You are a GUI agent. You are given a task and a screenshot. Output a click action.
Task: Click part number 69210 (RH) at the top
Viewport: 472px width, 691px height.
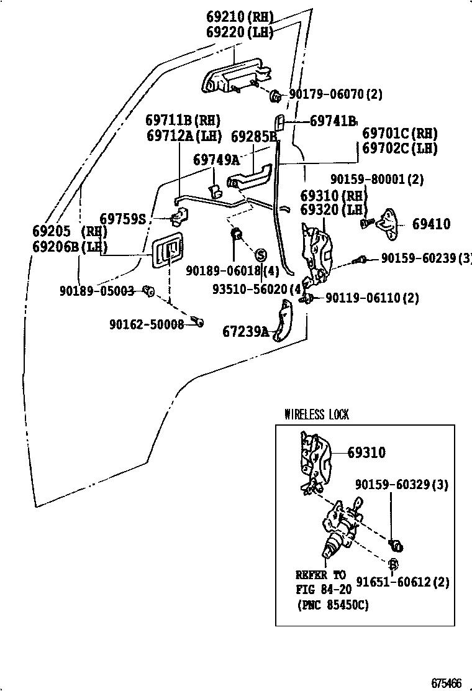(238, 17)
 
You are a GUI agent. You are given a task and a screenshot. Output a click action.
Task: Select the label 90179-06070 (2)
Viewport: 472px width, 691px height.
(335, 94)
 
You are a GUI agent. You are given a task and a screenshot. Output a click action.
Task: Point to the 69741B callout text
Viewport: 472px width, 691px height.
(333, 121)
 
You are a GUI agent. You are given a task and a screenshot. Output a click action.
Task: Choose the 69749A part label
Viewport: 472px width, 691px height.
(216, 160)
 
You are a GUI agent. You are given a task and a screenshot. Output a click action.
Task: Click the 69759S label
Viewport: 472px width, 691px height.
(122, 219)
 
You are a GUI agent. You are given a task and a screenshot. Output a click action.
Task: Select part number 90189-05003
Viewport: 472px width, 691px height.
(97, 290)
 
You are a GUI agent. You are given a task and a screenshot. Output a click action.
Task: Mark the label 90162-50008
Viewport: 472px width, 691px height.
(147, 324)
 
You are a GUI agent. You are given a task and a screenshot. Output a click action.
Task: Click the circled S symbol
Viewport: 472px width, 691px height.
(260, 255)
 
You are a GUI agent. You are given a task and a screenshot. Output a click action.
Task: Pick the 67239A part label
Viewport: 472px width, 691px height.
(246, 332)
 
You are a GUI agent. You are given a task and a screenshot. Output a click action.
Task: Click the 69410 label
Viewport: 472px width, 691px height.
(431, 224)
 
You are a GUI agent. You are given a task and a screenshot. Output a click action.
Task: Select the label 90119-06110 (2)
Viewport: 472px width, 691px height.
(371, 298)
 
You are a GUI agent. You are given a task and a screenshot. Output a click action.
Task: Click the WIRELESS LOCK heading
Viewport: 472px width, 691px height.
(316, 414)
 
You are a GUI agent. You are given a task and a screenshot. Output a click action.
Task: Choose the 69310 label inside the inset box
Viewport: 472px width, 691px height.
(366, 453)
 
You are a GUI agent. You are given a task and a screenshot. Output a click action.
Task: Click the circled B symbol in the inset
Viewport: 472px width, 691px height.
(393, 564)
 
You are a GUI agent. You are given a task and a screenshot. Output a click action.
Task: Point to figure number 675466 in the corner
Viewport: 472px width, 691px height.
(447, 683)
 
